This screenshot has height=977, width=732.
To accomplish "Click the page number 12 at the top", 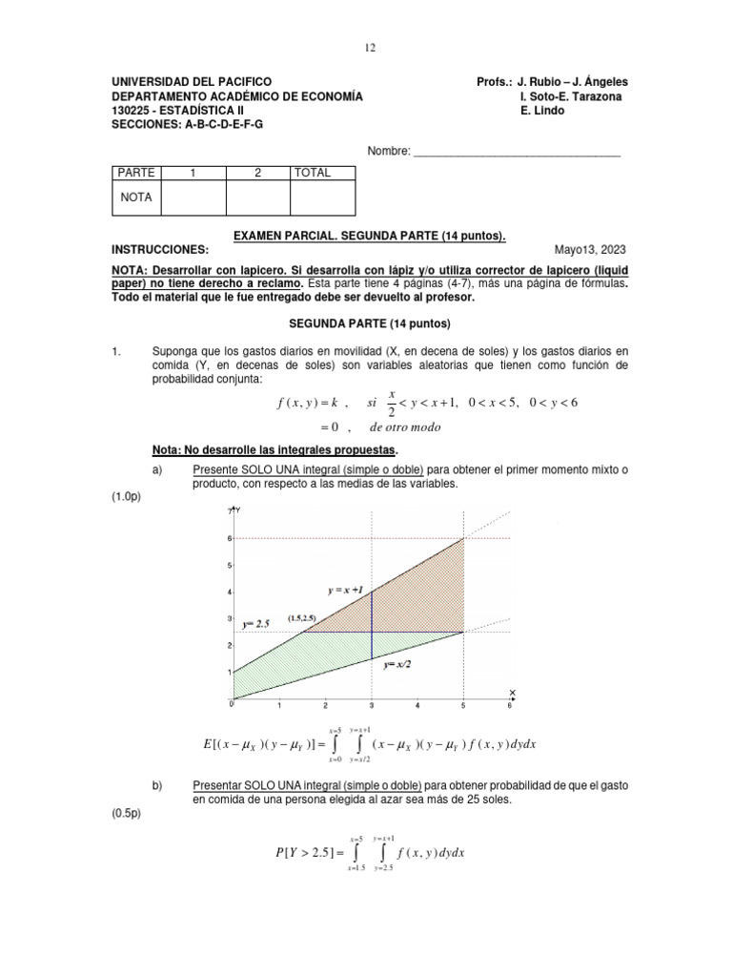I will click(371, 47).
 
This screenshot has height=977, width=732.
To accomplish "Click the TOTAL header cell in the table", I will click(313, 173).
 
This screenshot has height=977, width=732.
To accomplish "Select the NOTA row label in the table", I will click(136, 197).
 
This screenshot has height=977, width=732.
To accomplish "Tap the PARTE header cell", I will click(135, 173).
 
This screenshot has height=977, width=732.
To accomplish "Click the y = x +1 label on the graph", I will click(346, 591).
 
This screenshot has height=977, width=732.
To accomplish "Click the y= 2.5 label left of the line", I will click(256, 623).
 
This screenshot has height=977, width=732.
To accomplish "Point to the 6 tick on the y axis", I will click(230, 538).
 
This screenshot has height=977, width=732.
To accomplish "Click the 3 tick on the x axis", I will click(371, 707).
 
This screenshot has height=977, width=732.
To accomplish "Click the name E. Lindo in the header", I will click(542, 111).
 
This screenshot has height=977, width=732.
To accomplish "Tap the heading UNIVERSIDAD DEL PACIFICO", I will click(192, 82).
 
